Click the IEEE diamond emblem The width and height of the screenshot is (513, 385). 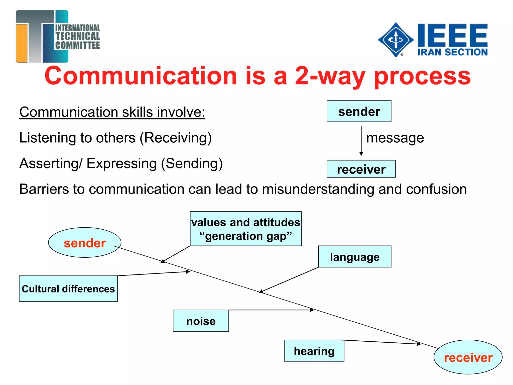pyautogui.click(x=396, y=40)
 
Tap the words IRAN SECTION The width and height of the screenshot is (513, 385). pyautogui.click(x=452, y=52)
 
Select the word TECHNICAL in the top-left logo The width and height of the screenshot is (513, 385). pyautogui.click(x=78, y=36)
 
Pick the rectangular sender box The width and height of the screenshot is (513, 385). pyautogui.click(x=359, y=111)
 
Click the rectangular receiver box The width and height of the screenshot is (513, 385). pyautogui.click(x=361, y=169)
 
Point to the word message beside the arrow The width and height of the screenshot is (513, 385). pyautogui.click(x=395, y=138)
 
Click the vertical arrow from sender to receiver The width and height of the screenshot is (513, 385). pyautogui.click(x=361, y=140)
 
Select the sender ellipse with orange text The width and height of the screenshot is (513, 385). pyautogui.click(x=85, y=243)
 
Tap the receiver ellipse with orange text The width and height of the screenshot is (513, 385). pyautogui.click(x=468, y=357)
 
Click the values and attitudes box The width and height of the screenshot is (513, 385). pyautogui.click(x=245, y=229)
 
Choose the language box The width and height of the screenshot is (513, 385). pyautogui.click(x=354, y=257)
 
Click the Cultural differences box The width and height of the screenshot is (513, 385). pyautogui.click(x=68, y=289)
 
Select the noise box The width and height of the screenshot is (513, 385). pyautogui.click(x=201, y=321)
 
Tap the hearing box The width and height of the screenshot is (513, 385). pyautogui.click(x=314, y=351)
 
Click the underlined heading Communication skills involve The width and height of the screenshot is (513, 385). pyautogui.click(x=112, y=112)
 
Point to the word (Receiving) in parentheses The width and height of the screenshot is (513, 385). pyautogui.click(x=176, y=138)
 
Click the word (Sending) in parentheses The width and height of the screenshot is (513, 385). pyautogui.click(x=192, y=164)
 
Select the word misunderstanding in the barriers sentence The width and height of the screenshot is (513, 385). pyautogui.click(x=318, y=189)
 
